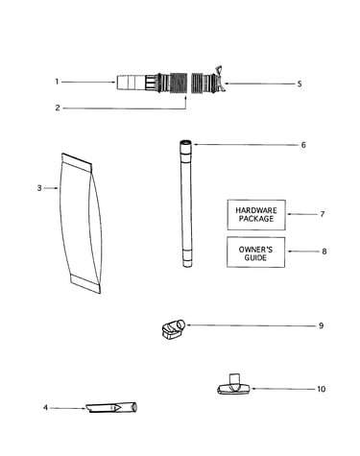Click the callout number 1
pyautogui.click(x=57, y=82)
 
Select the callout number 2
pyautogui.click(x=58, y=108)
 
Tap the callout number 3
pyautogui.click(x=39, y=188)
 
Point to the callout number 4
pyautogui.click(x=45, y=408)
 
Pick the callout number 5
pyautogui.click(x=300, y=84)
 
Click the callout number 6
pyautogui.click(x=303, y=145)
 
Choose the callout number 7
pyautogui.click(x=323, y=214)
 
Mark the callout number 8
pyautogui.click(x=324, y=252)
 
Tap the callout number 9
pyautogui.click(x=322, y=325)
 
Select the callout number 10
pyautogui.click(x=322, y=389)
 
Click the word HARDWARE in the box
pyautogui.click(x=256, y=210)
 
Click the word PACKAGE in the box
pyautogui.click(x=256, y=219)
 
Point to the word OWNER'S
pyautogui.click(x=256, y=250)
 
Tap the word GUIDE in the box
pyautogui.click(x=255, y=258)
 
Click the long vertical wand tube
pyautogui.click(x=186, y=204)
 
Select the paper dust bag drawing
pyautogui.click(x=81, y=223)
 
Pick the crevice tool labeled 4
pyautogui.click(x=112, y=407)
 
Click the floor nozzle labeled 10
pyautogui.click(x=234, y=385)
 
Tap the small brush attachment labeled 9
pyautogui.click(x=173, y=329)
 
